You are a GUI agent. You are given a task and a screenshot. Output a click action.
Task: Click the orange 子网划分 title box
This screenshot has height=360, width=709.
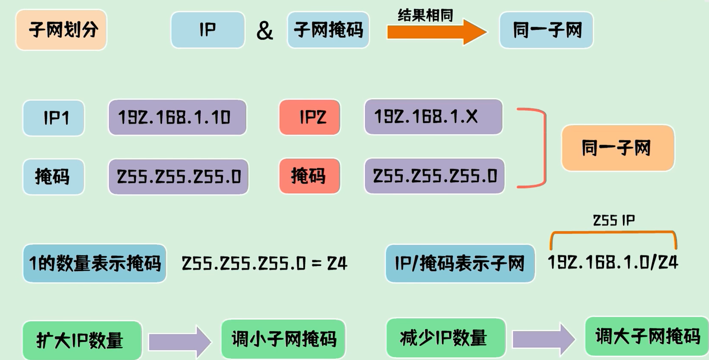click(x=61, y=30)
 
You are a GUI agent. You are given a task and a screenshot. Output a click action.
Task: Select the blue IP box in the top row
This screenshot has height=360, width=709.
click(x=208, y=30)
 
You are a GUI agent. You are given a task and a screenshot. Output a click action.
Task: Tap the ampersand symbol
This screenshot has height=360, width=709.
click(x=264, y=31)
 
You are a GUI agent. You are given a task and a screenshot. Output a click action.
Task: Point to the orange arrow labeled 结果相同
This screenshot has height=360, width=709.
click(x=436, y=32)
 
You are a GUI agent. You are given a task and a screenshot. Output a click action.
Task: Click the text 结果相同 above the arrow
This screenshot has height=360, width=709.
click(x=425, y=15)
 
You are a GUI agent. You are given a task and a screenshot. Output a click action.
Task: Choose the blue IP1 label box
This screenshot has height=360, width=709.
click(x=54, y=118)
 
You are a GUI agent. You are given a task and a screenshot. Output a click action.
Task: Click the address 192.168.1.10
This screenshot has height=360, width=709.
click(x=177, y=118)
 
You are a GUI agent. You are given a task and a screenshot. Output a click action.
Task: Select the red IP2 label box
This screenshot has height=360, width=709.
click(x=310, y=117)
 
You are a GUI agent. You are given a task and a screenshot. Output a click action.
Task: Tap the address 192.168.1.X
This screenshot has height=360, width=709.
click(x=433, y=117)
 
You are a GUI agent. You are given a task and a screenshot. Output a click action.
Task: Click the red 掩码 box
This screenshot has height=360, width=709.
click(x=310, y=176)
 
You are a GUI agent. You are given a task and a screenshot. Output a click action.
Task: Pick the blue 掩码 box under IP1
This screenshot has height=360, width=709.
click(x=54, y=177)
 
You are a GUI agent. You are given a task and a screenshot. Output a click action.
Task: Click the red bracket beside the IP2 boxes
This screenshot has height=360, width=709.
click(x=543, y=148)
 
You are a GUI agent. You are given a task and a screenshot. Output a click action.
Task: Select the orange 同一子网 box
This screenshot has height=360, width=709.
click(x=617, y=148)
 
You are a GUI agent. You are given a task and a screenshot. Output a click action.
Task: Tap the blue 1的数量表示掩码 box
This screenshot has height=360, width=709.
click(x=95, y=263)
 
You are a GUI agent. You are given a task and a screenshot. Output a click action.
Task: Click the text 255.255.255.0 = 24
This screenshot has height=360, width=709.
click(x=264, y=263)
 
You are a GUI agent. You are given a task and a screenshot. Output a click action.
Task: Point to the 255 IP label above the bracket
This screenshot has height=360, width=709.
click(x=614, y=220)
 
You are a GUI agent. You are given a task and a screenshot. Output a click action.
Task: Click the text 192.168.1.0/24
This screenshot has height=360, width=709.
click(x=613, y=262)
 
